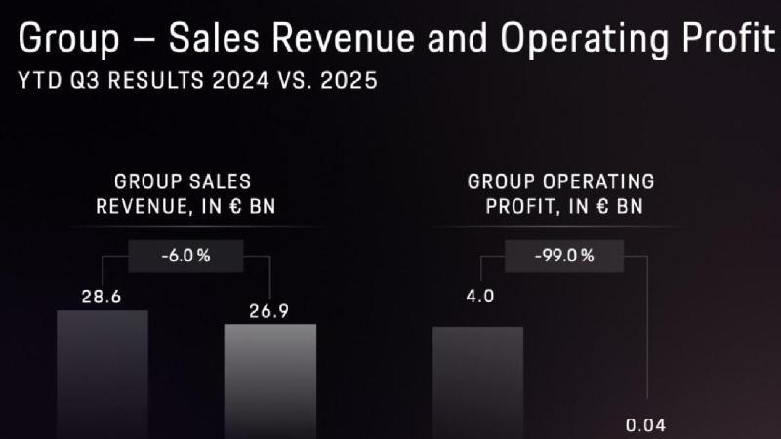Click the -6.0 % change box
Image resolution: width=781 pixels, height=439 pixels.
click(x=185, y=258)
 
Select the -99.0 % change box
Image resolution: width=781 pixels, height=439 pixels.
click(x=565, y=258)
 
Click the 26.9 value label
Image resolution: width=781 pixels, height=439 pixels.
click(x=270, y=311)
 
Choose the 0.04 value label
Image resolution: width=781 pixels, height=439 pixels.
click(x=646, y=425)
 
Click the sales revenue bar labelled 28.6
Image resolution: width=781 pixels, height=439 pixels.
click(x=103, y=376)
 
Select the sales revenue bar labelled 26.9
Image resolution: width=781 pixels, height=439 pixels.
click(x=270, y=382)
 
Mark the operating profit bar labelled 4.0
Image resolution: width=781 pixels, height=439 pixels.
click(x=478, y=382)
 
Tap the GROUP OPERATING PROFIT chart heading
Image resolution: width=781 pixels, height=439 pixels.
click(x=561, y=193)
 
